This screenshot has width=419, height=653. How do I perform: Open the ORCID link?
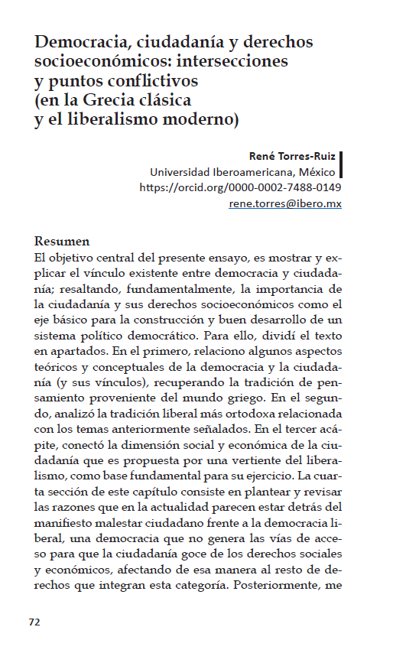(240, 187)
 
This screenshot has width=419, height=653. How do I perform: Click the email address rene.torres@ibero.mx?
(285, 203)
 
